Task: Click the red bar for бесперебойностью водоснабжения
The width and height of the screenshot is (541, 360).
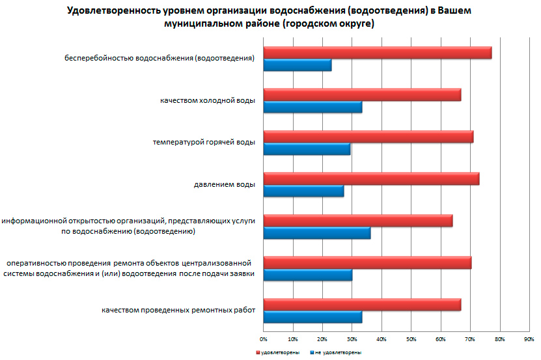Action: (x=378, y=53)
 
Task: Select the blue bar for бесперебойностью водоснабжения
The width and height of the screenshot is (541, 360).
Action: (x=298, y=65)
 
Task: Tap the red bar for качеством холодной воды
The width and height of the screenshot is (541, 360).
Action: (x=362, y=95)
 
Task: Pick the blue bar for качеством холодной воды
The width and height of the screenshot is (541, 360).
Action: (x=312, y=107)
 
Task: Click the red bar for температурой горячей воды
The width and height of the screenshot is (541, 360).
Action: (x=368, y=137)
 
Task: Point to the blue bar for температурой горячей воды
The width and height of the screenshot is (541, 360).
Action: (x=307, y=149)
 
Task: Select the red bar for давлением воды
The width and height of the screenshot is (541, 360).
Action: (x=371, y=179)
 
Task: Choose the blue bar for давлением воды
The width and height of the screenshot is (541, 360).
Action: (x=303, y=191)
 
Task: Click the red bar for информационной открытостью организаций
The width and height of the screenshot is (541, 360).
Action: (x=358, y=221)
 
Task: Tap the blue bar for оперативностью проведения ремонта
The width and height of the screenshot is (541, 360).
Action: (x=308, y=275)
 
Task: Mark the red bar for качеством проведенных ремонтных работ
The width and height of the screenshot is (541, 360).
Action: (x=362, y=305)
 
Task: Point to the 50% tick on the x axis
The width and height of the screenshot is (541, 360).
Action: (x=411, y=339)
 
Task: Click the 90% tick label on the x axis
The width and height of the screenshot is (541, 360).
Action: (x=529, y=339)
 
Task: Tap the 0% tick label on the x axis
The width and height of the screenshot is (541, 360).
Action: (x=264, y=339)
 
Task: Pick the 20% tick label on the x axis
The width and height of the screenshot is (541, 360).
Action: (x=322, y=339)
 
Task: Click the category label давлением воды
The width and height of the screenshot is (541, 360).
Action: (x=224, y=184)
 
